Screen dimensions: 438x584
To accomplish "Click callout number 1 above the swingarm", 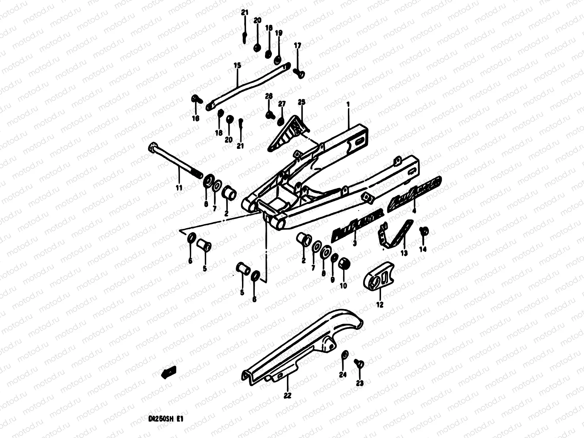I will [x=348, y=104].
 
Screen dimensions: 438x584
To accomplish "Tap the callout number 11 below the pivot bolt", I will [x=178, y=188].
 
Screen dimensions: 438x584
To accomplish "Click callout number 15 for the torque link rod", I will [x=237, y=66].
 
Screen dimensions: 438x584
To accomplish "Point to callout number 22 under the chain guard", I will [x=288, y=395].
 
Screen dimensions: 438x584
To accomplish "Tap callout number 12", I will [x=380, y=304].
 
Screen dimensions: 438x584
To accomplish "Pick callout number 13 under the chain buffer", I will [x=404, y=253].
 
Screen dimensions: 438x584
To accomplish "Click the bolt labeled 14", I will [x=424, y=231].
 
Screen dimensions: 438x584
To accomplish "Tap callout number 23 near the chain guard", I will [x=360, y=383].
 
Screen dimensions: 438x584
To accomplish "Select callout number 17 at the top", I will [x=298, y=46].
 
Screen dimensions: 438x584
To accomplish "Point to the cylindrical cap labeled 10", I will [x=343, y=264].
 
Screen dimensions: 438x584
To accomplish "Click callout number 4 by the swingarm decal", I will [x=414, y=211].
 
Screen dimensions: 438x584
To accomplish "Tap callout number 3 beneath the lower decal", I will [x=354, y=243].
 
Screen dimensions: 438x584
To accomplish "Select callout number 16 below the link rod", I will [x=196, y=118].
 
